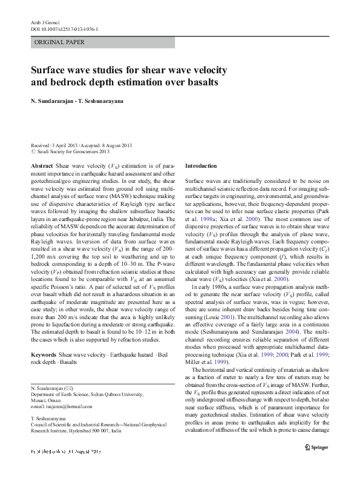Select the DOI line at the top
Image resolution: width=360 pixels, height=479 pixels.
65,29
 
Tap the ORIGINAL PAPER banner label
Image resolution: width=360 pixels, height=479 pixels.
60,42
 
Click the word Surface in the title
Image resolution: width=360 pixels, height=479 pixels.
51,69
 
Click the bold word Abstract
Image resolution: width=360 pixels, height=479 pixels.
41,165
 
